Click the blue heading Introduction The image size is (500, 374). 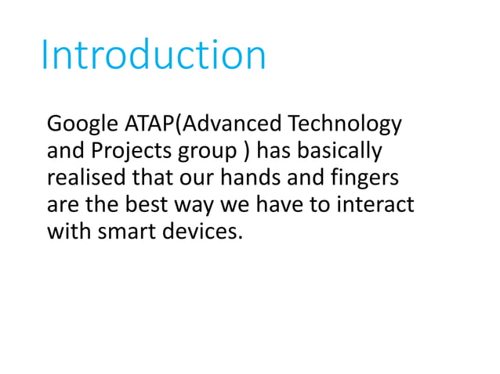coord(154,56)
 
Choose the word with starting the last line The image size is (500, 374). coord(68,232)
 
